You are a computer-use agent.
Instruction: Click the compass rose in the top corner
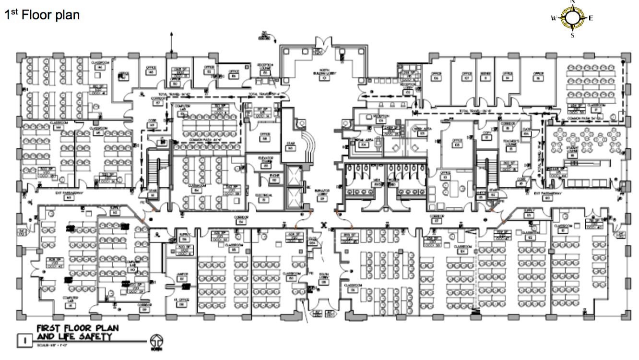click(x=572, y=18)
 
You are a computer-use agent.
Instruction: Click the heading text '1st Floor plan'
click(x=42, y=15)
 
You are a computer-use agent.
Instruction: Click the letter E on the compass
click(x=591, y=19)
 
